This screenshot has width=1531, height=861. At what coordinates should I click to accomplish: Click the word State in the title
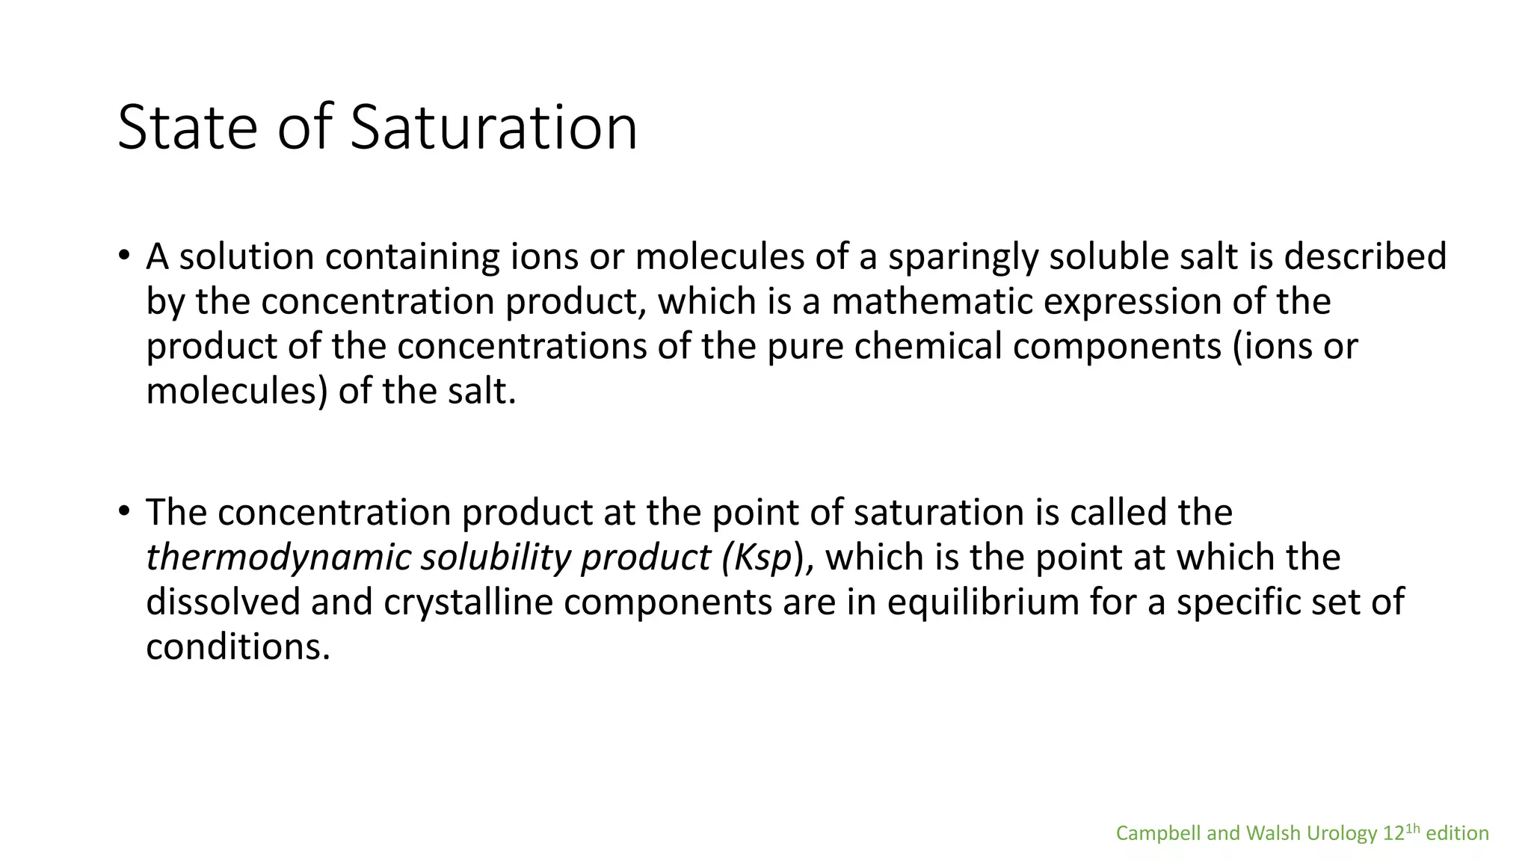coord(186,128)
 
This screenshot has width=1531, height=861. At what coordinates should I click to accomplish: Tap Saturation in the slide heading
coord(493,128)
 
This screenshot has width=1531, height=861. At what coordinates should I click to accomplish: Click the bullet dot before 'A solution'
coord(124,255)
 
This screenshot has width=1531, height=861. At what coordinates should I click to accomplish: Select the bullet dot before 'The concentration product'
coord(124,511)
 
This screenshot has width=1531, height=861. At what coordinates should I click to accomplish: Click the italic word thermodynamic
coord(277,558)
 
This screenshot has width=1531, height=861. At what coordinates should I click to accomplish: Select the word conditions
coord(237,647)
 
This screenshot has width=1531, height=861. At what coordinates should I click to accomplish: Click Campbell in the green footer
coord(1158,833)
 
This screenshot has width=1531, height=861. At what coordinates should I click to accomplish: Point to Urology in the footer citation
coord(1343,833)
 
